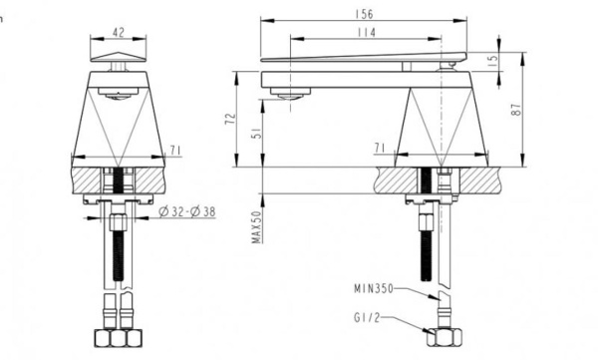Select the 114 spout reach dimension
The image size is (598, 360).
click(x=367, y=34)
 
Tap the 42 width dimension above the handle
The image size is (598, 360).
click(x=119, y=30)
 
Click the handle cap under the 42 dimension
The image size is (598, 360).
click(x=119, y=58)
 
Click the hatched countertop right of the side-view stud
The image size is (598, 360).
click(x=478, y=181)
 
